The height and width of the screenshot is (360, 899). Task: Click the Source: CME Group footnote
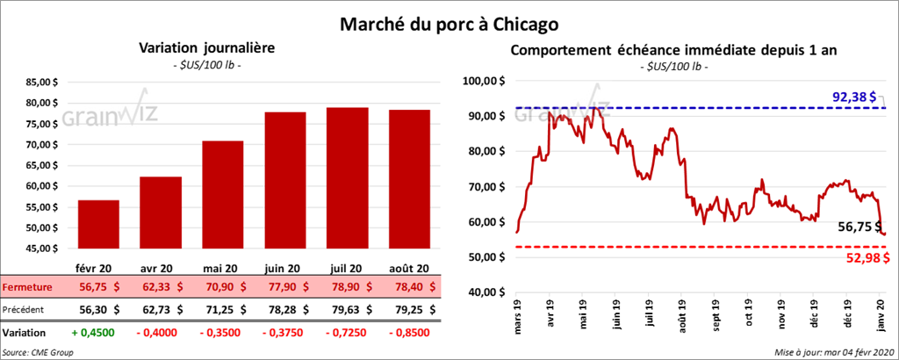point(38,352)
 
